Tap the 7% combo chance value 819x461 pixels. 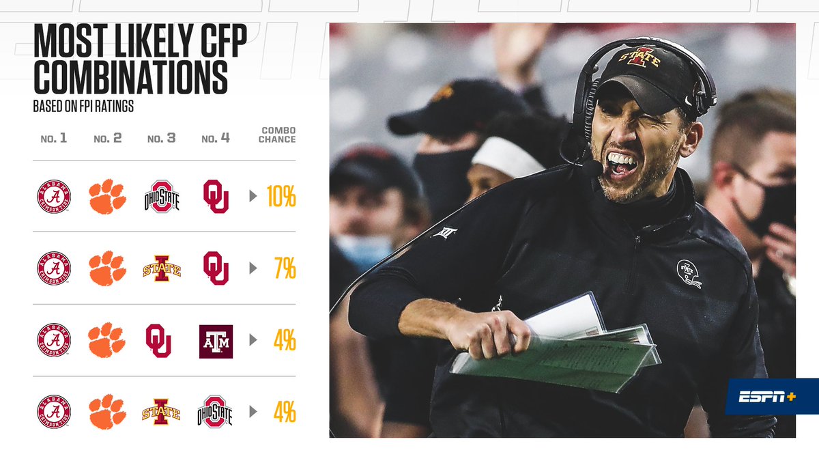tap(284, 268)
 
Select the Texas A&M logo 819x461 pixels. tap(216, 341)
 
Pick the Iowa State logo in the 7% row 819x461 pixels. tap(162, 268)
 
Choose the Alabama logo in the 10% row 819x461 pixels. tap(54, 197)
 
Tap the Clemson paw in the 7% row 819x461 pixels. tap(107, 268)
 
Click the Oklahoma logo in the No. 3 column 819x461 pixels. tap(158, 341)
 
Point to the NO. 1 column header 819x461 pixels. tap(54, 139)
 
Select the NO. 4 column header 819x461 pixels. tap(216, 139)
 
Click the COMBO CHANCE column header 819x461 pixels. tap(277, 135)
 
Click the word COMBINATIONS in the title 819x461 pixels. tap(130, 79)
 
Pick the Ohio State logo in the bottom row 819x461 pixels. tap(215, 413)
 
